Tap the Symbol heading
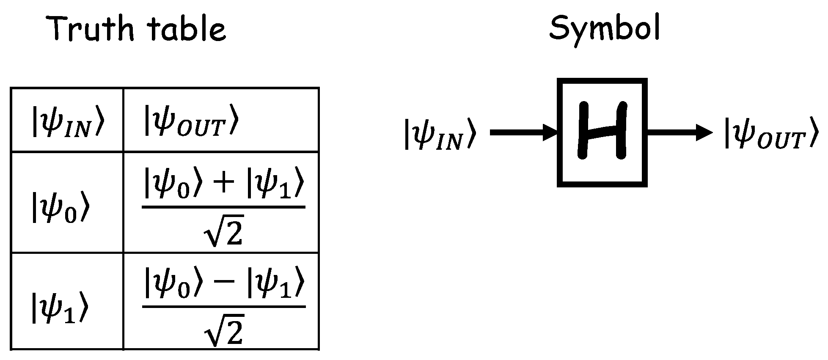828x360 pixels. coord(604,28)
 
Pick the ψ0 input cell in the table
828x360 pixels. coord(60,208)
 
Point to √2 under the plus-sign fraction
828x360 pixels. coord(223,232)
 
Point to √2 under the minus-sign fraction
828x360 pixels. coord(223,331)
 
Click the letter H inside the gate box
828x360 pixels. coord(602,131)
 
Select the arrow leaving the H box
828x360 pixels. coord(679,132)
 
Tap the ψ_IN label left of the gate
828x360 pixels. coord(440,134)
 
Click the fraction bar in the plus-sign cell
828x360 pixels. coord(223,207)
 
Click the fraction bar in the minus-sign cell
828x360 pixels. coord(223,307)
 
